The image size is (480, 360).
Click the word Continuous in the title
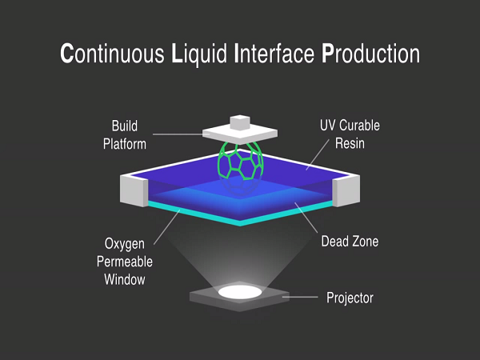point(112,54)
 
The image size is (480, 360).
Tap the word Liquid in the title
point(199,55)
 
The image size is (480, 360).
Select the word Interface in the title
point(274,54)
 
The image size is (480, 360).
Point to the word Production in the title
point(370,54)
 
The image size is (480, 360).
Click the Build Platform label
point(125,134)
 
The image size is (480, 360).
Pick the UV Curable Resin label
point(350,134)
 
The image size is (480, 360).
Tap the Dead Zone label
point(350,242)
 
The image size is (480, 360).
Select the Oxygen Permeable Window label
point(125,262)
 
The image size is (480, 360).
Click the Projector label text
point(350,298)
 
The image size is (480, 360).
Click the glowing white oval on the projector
point(240,292)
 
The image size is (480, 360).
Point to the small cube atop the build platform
point(240,122)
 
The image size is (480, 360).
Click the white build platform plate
point(240,134)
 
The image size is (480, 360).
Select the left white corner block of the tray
point(134,190)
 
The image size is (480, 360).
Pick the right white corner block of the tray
point(346,190)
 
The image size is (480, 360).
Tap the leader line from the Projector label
point(300,297)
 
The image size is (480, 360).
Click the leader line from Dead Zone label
point(306,218)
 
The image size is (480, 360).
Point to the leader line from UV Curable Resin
point(318,154)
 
